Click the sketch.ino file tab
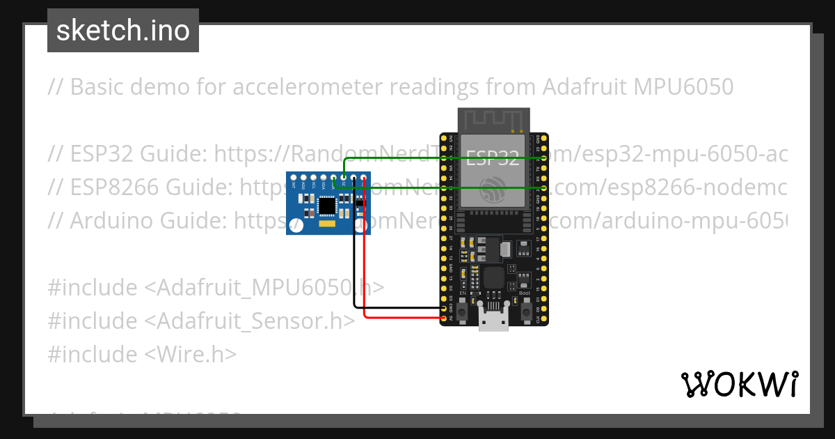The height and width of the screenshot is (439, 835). click(123, 31)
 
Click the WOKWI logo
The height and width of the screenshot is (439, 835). click(739, 384)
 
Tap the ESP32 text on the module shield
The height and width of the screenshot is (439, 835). click(492, 158)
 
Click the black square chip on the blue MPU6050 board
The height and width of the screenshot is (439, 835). click(326, 206)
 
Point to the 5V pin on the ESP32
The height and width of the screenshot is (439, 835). click(444, 319)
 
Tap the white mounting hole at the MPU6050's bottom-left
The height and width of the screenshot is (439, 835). click(295, 226)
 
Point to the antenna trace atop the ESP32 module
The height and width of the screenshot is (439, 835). click(493, 119)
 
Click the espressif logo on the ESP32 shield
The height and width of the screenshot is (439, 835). click(492, 187)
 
